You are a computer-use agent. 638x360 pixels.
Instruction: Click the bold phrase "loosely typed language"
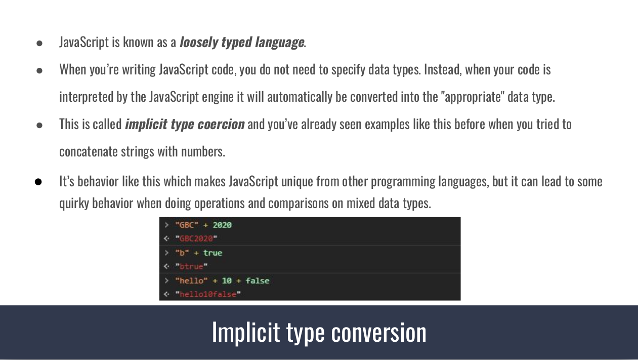click(242, 43)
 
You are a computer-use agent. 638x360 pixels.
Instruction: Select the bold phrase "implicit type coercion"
click(185, 125)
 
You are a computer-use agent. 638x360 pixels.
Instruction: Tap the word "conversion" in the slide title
click(379, 333)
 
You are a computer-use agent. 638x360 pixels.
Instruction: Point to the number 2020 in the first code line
click(222, 225)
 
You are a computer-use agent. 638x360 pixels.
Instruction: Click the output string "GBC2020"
click(196, 238)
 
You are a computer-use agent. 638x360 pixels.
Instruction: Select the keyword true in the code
click(212, 253)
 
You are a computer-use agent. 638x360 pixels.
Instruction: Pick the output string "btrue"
click(191, 266)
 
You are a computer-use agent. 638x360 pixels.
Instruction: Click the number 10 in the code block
click(227, 281)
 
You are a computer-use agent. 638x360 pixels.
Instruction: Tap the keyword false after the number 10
click(257, 281)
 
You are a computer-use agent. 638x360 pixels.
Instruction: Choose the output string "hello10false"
click(208, 295)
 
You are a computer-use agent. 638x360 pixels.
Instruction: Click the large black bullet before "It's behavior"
click(38, 182)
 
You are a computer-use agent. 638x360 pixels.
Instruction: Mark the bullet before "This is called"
click(39, 126)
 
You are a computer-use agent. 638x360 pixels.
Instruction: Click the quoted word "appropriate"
click(473, 97)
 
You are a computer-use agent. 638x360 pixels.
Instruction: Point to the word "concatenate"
click(89, 152)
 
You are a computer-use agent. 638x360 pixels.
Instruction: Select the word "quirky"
click(74, 204)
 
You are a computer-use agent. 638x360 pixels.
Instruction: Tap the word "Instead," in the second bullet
click(443, 70)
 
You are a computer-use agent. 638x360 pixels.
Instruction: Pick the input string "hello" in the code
click(191, 281)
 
